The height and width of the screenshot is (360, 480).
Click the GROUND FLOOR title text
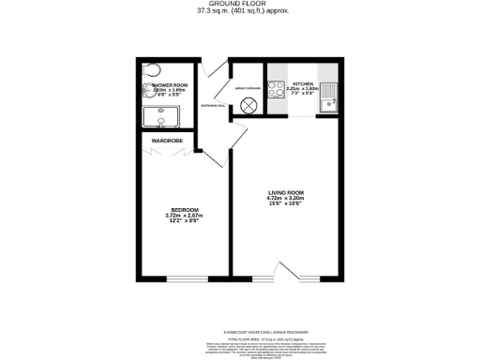(239, 4)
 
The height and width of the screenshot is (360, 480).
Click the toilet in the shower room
(155, 71)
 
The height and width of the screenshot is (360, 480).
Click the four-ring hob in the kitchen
(277, 90)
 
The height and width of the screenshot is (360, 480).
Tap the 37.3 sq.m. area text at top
(239, 10)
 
